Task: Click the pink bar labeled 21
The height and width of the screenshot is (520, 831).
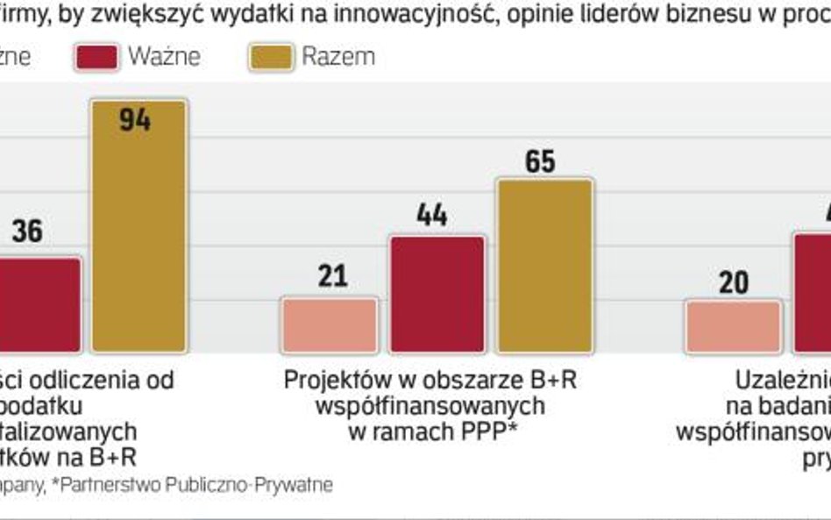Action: pos(330,325)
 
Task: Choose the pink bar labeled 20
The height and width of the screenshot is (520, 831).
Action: pos(733,326)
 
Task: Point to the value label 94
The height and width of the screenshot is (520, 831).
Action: pos(135,120)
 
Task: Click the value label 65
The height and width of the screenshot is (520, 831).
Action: pos(541,161)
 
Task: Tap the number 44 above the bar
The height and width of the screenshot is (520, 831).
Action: pos(432,216)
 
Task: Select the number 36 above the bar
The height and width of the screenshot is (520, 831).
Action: pos(27,232)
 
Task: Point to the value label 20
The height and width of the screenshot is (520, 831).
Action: pos(733,282)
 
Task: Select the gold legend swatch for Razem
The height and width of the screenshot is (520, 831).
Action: pos(270,57)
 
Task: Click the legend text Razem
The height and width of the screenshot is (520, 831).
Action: pos(338,57)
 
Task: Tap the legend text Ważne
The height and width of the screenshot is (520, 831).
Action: pos(164,57)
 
